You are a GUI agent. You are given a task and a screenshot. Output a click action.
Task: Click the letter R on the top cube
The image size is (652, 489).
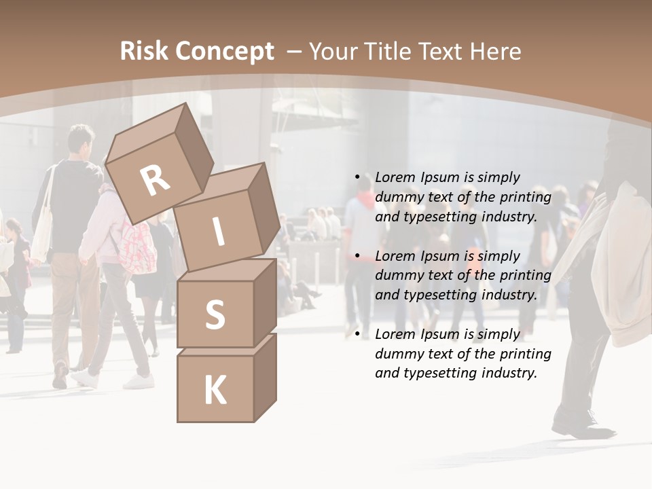(155, 181)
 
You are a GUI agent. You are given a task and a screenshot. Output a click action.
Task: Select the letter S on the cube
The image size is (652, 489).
(215, 314)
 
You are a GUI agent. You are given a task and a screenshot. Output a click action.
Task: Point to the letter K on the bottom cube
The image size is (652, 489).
(215, 391)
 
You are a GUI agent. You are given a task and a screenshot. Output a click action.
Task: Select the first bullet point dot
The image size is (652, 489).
(357, 177)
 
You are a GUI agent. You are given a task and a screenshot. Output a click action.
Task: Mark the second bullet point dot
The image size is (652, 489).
(357, 256)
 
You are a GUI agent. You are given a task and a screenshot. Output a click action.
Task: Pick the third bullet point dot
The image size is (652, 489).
(357, 334)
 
